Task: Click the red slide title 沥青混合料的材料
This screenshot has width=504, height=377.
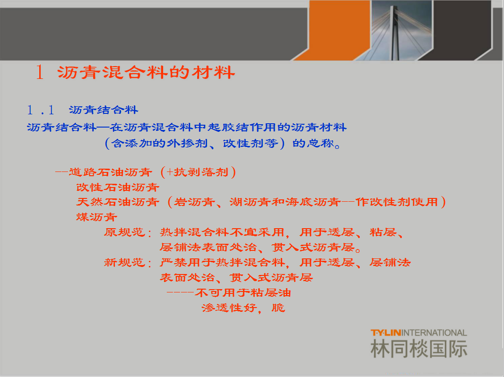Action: pos(146,72)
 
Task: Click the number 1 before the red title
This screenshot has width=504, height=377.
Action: pos(40,72)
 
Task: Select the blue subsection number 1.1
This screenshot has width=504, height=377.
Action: pos(41,110)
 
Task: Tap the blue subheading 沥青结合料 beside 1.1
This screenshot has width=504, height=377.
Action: pos(104,110)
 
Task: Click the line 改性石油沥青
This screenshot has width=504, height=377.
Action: pos(118,187)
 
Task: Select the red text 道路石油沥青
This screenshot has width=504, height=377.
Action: pos(111,172)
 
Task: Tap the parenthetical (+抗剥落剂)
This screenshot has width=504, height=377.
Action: pos(198,172)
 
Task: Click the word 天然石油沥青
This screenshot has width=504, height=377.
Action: pos(118,202)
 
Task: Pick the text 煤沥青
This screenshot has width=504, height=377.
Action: pos(97,217)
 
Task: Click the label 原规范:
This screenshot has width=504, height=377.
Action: pos(128,232)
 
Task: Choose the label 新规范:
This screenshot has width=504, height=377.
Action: pos(128,262)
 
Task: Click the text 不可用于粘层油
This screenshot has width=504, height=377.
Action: pos(243,292)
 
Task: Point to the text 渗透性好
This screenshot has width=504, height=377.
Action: pos(229,308)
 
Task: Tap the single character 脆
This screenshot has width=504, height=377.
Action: pos(278,308)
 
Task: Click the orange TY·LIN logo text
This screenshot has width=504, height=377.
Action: pos(386,333)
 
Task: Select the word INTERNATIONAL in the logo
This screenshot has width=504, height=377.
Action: pos(434,333)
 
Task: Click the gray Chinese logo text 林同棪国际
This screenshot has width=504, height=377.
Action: pos(419,349)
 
